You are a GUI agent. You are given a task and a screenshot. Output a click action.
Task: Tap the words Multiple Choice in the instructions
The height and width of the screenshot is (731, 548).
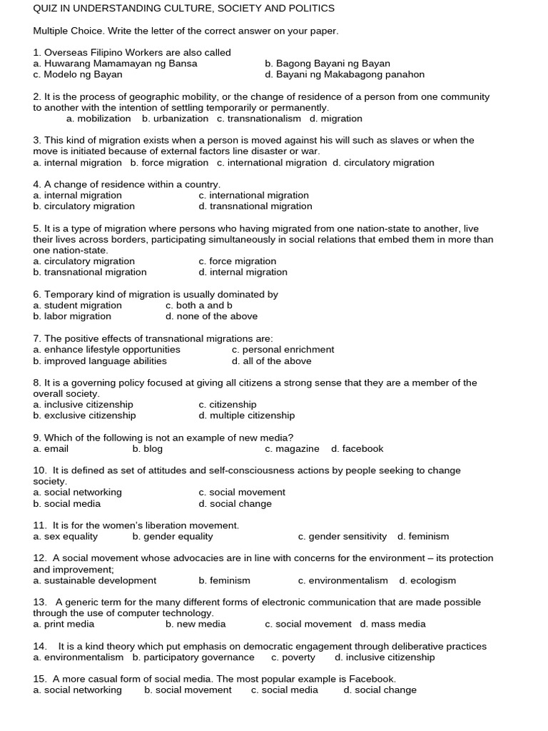click(66, 31)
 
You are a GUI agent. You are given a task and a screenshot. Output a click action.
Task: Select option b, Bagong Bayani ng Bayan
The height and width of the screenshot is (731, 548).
click(328, 64)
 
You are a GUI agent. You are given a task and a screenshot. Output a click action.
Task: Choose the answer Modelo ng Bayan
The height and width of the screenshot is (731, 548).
click(78, 74)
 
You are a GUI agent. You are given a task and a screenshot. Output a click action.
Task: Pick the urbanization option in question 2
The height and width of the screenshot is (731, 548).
click(176, 119)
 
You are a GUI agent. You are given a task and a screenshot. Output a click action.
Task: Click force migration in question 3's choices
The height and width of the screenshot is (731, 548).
click(169, 163)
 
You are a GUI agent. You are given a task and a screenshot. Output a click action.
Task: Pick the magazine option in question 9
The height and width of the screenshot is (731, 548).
click(292, 449)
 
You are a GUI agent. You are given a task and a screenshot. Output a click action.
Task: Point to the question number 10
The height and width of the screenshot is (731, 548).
click(39, 470)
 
